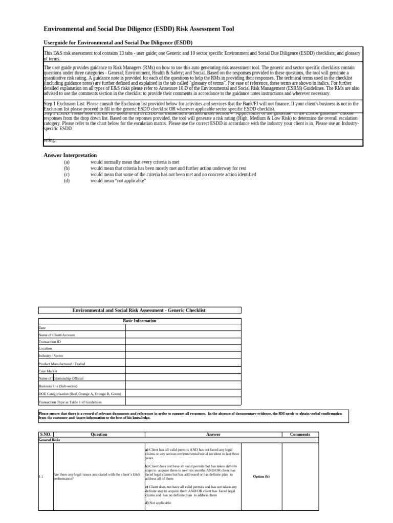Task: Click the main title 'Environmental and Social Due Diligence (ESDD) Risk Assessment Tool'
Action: [138, 30]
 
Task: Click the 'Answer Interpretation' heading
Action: [70, 155]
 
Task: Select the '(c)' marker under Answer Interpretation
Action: [67, 174]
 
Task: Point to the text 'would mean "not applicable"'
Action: [118, 181]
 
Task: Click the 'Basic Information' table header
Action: [140, 321]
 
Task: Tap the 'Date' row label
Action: [42, 327]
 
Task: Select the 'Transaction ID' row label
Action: [50, 342]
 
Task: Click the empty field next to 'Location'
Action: [183, 349]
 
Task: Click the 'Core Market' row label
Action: [48, 371]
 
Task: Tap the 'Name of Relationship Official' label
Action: [61, 378]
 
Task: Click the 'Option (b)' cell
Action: [261, 477]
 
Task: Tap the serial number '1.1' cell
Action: [41, 477]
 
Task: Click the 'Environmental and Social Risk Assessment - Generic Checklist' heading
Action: [140, 311]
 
